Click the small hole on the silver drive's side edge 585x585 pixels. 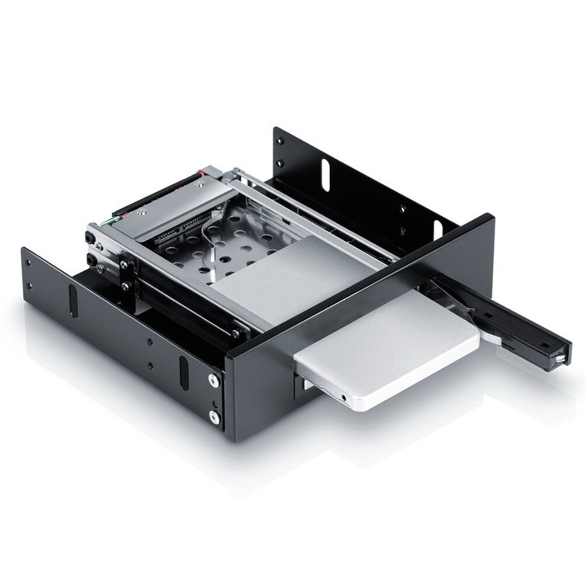tap(344, 397)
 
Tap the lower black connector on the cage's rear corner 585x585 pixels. tap(91, 258)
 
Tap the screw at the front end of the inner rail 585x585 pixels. tap(235, 334)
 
